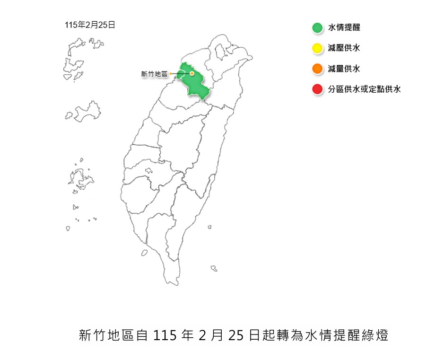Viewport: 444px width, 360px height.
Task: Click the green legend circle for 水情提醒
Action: pyautogui.click(x=317, y=28)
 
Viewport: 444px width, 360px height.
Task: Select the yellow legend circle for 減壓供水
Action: pyautogui.click(x=317, y=48)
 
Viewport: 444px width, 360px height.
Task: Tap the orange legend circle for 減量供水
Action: pyautogui.click(x=317, y=69)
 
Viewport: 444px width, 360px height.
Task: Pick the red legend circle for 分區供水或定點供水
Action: pyautogui.click(x=317, y=89)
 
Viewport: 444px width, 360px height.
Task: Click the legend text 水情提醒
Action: pyautogui.click(x=344, y=28)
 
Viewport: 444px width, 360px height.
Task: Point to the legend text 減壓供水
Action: pyautogui.click(x=344, y=48)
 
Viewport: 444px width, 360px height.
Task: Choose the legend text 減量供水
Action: pyautogui.click(x=344, y=69)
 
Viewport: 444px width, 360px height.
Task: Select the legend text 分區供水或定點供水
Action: pyautogui.click(x=364, y=89)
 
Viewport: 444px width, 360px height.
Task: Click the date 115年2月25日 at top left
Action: pyautogui.click(x=90, y=25)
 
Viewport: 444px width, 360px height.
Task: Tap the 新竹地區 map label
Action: pyautogui.click(x=155, y=74)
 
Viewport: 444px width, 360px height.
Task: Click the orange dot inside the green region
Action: pyautogui.click(x=192, y=73)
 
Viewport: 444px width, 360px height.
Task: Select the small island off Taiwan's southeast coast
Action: pyautogui.click(x=214, y=268)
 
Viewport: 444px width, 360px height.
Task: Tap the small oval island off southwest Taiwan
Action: pyautogui.click(x=144, y=253)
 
